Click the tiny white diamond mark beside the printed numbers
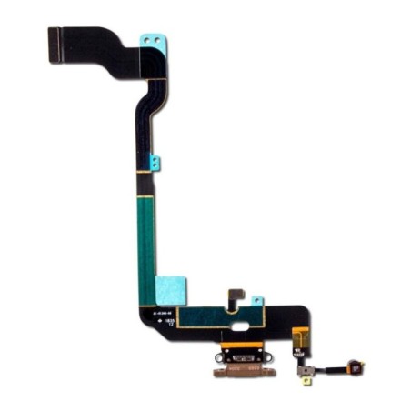click(x=163, y=322)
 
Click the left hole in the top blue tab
click(x=148, y=45)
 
